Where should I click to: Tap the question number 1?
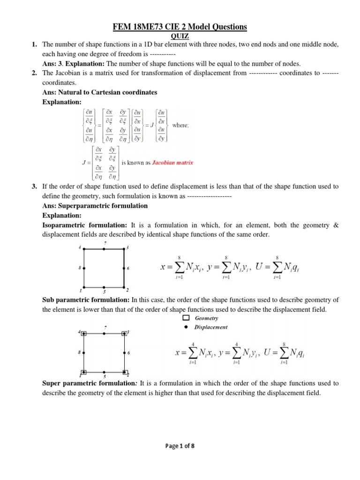(34, 45)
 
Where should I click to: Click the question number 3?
(34, 187)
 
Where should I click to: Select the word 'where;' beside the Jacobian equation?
(181, 125)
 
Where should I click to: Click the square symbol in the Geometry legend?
(186, 318)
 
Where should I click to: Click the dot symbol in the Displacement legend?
(186, 327)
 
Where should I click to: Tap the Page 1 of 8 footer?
(180, 446)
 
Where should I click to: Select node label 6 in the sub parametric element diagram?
(128, 352)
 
